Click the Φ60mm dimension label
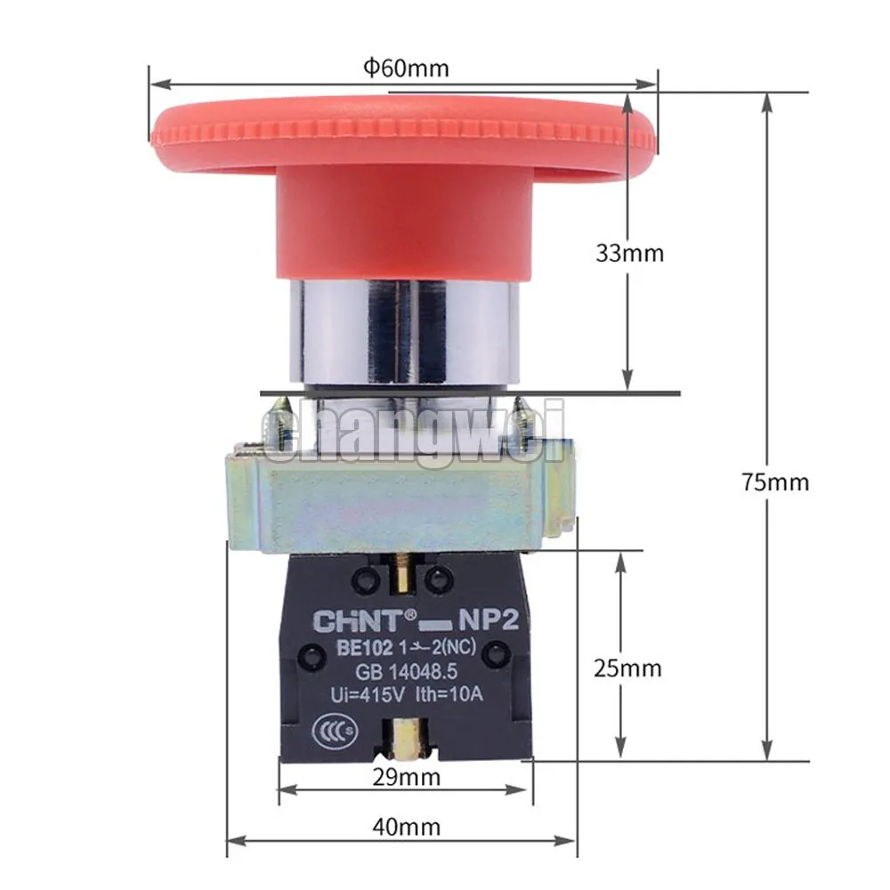406,69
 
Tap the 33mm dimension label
629,253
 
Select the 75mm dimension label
775,481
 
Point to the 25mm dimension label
627,668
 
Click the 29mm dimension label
407,777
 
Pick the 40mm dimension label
407,827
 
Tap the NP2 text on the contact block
488,620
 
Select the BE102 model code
364,648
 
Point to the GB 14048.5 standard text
406,672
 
